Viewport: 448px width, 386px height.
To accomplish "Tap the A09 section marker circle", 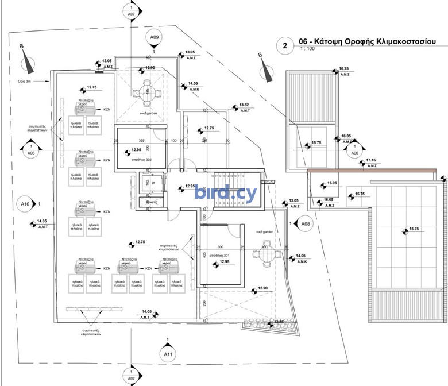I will (x=154, y=38).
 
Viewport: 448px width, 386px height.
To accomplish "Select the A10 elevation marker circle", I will (x=25, y=204).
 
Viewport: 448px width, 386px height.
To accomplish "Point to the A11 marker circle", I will (x=167, y=354).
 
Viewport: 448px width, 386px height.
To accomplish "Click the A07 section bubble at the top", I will (x=132, y=11).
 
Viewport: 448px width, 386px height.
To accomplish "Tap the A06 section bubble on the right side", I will (x=354, y=152).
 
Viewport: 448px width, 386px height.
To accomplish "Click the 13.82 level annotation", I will (x=244, y=105).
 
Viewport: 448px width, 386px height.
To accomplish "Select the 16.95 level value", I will (x=331, y=183).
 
